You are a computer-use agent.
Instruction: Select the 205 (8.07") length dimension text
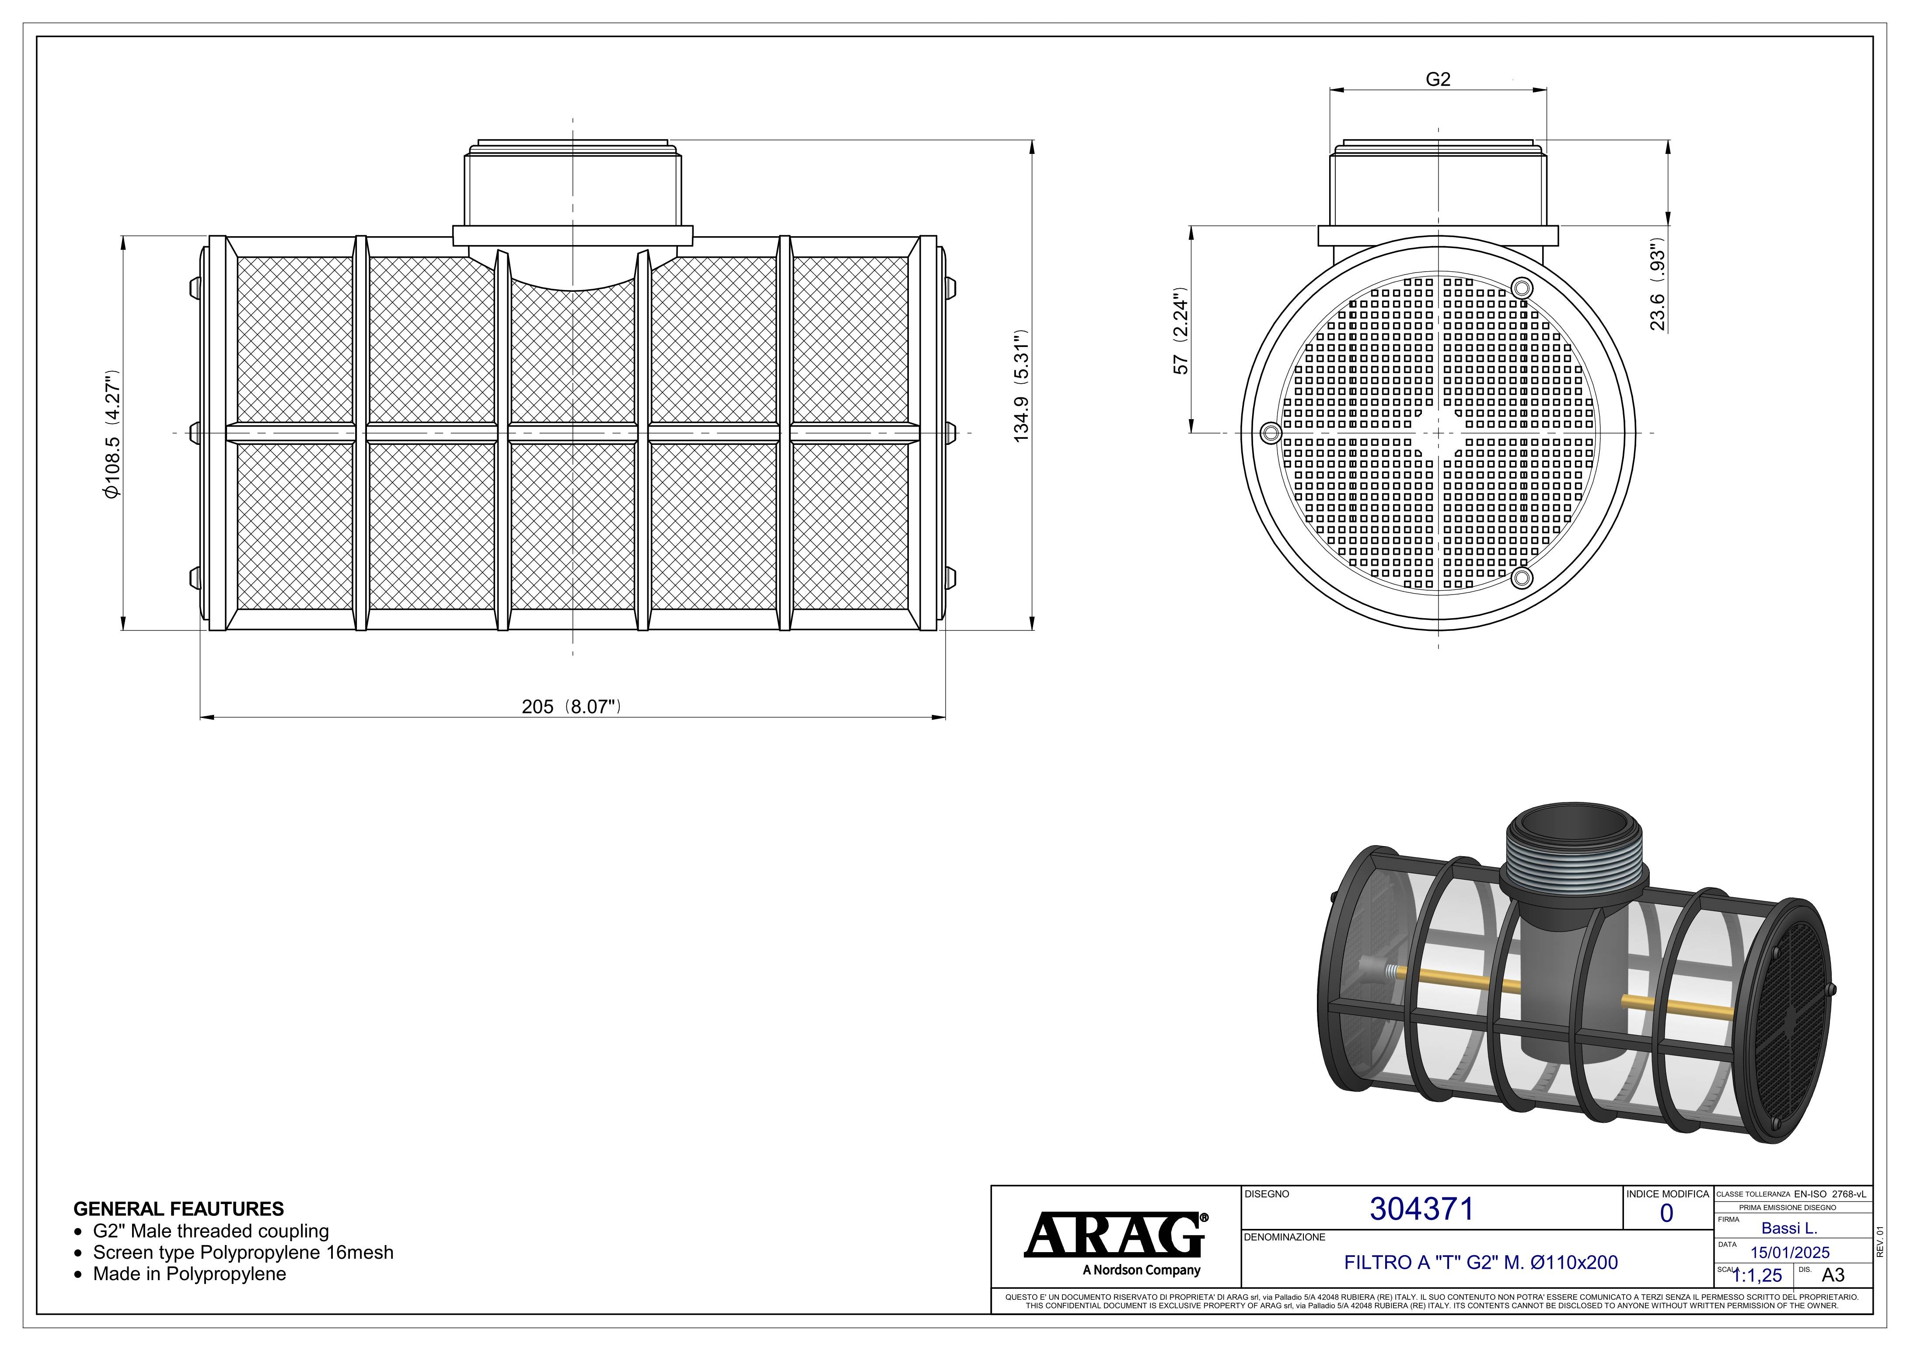coord(572,707)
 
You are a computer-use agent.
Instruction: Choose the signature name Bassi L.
coord(1788,1228)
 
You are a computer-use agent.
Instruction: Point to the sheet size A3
coord(1833,1275)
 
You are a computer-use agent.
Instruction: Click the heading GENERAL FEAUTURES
coord(178,1209)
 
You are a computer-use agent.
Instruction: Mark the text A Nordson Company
coord(1142,1270)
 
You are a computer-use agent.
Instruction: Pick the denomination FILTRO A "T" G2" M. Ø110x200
coord(1481,1262)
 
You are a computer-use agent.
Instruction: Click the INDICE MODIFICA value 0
coord(1666,1214)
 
